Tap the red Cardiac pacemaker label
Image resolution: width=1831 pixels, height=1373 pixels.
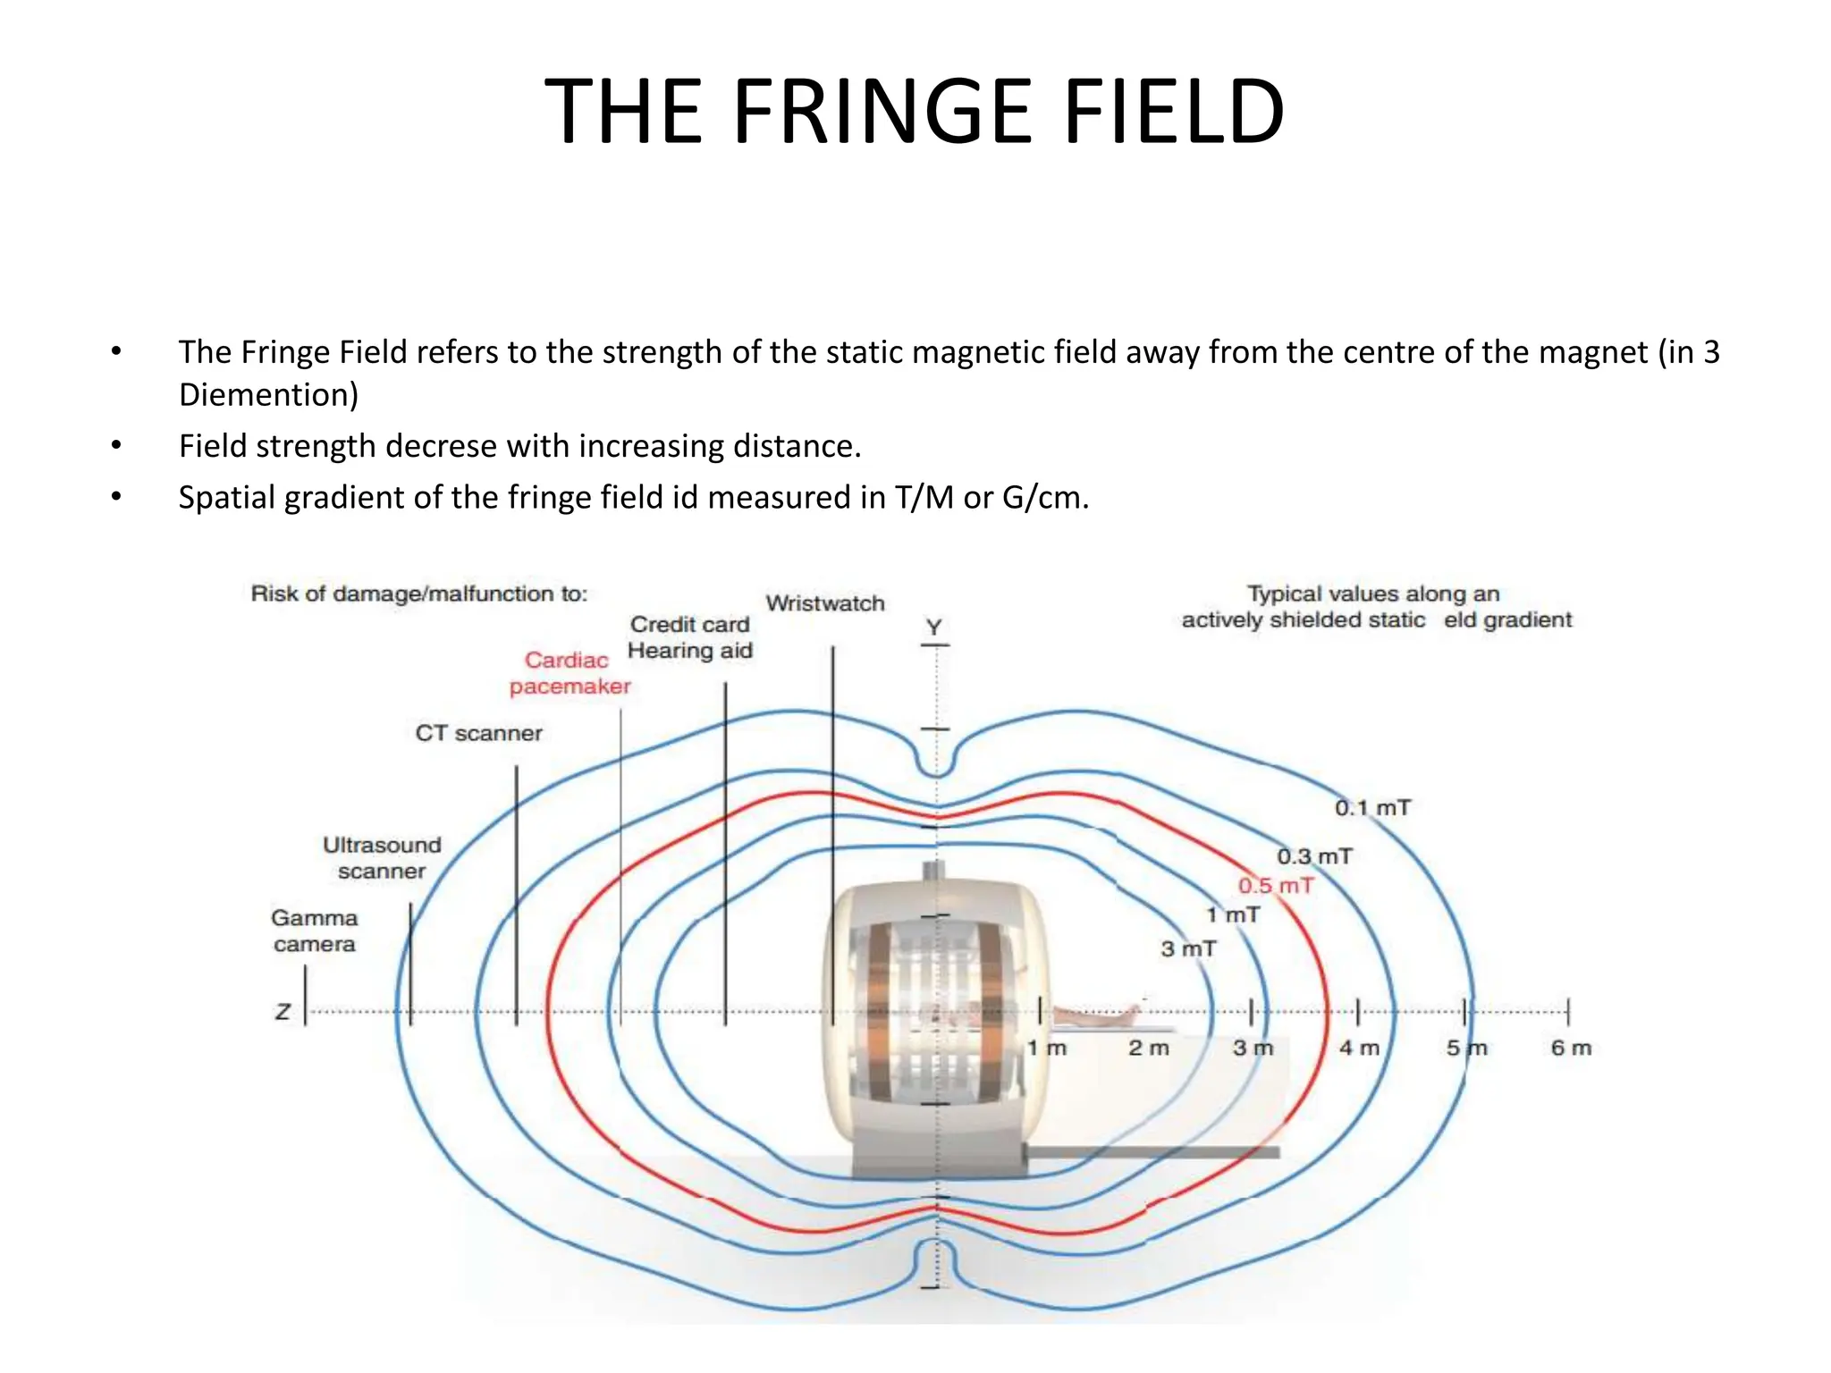[570, 673]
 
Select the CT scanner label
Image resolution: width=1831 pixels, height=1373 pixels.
[478, 733]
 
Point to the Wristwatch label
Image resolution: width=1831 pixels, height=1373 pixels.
[824, 603]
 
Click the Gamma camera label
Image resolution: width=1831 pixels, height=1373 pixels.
[314, 931]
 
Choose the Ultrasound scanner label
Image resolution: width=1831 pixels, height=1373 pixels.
[382, 857]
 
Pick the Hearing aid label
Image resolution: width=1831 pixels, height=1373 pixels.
[689, 650]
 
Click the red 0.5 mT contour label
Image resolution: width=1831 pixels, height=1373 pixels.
[1276, 886]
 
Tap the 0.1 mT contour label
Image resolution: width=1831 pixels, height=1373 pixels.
[1372, 808]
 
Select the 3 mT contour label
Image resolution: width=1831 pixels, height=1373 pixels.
[1188, 948]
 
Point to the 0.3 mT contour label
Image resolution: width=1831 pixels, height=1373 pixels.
[1314, 856]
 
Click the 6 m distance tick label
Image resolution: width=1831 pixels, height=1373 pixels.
[1571, 1048]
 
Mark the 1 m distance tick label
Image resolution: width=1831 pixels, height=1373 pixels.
[1046, 1048]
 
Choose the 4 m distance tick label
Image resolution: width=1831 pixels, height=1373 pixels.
[1359, 1048]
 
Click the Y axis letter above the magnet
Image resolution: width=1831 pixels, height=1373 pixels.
[934, 627]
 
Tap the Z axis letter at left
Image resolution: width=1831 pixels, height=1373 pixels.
[283, 1012]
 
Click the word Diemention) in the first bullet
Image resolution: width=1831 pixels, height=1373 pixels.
[268, 394]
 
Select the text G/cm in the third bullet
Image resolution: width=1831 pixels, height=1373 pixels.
[1045, 497]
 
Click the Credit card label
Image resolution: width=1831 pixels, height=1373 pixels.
[689, 624]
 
